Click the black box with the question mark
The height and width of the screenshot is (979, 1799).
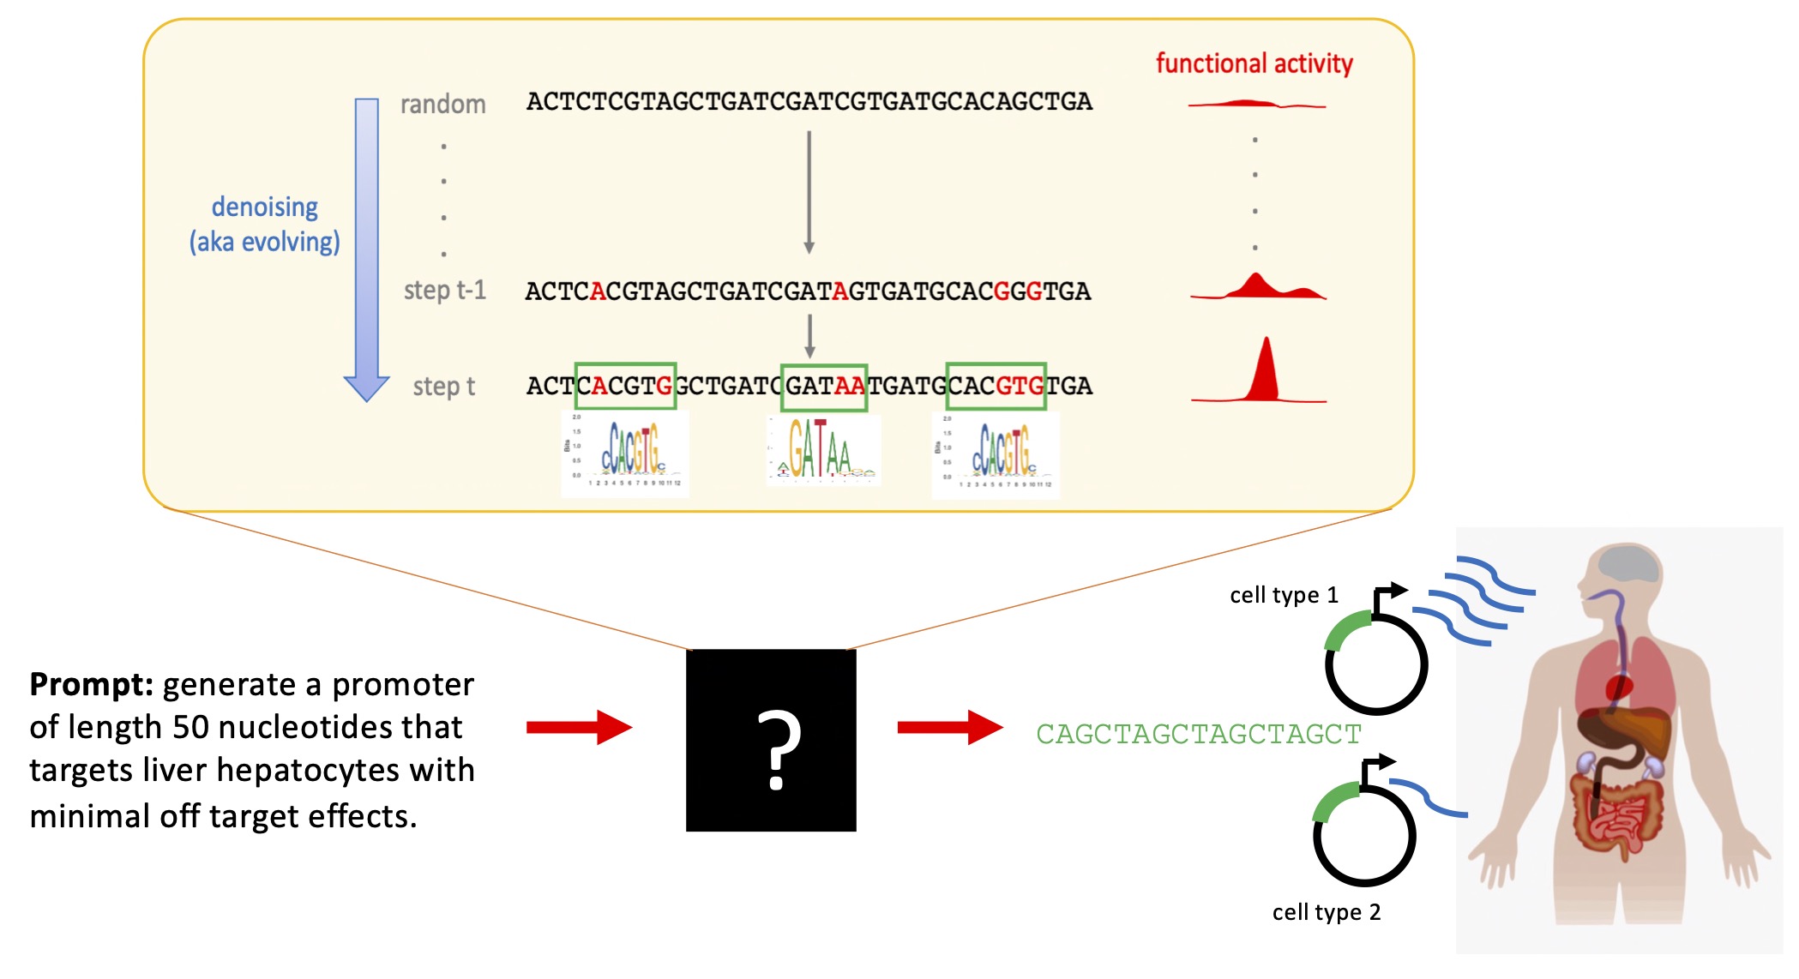[x=771, y=740]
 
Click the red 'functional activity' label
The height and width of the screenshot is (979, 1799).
[x=1254, y=63]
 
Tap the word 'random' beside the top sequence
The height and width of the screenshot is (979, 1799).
[x=442, y=105]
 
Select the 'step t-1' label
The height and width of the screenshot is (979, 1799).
[x=444, y=291]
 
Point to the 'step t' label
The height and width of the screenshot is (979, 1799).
[x=443, y=387]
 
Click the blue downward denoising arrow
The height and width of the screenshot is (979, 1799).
[x=367, y=249]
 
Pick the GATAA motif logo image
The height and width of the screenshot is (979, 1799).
[x=823, y=450]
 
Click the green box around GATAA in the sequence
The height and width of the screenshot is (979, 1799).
[x=824, y=387]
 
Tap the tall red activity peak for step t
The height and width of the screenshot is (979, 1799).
[x=1266, y=373]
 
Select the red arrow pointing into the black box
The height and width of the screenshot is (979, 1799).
[x=579, y=727]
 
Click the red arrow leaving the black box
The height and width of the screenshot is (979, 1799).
[x=949, y=727]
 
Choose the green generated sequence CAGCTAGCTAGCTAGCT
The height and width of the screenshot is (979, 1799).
[x=1198, y=734]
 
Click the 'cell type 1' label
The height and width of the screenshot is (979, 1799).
[x=1284, y=595]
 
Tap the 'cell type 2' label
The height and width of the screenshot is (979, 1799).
[x=1326, y=912]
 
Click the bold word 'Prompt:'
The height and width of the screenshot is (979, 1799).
[x=91, y=684]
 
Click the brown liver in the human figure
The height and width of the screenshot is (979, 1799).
[x=1625, y=729]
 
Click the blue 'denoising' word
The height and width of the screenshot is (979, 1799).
[x=264, y=207]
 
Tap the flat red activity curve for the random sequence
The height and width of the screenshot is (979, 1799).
[x=1256, y=105]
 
